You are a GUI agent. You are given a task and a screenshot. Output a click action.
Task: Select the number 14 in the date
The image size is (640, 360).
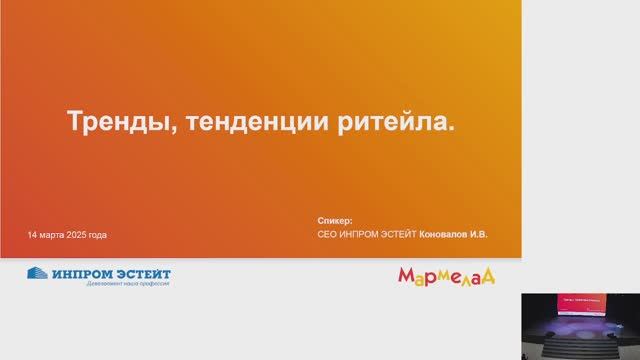tap(33, 235)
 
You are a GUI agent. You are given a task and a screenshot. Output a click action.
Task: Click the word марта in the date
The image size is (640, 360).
tap(52, 235)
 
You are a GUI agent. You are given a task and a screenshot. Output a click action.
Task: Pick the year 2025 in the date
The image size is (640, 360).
tap(77, 235)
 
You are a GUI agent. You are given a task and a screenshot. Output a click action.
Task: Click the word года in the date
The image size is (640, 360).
tap(98, 235)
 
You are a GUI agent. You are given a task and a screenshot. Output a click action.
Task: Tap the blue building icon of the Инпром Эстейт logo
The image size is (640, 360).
tap(37, 274)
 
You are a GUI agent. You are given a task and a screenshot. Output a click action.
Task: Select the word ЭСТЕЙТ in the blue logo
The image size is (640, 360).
tap(141, 273)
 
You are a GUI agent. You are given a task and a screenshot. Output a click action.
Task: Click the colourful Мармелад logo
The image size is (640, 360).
tap(447, 275)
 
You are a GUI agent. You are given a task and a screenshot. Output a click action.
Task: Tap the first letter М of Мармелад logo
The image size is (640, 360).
tap(407, 275)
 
